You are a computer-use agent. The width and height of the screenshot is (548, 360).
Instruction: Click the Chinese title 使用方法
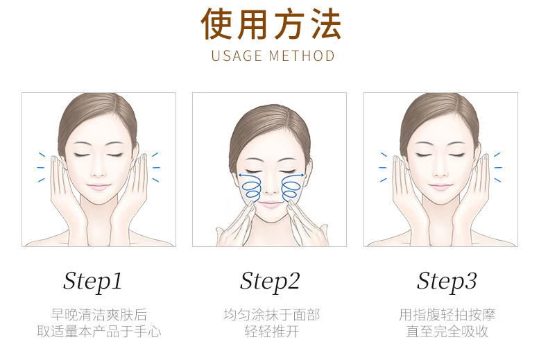tap(271, 24)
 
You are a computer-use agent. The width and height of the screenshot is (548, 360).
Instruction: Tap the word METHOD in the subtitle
tap(302, 56)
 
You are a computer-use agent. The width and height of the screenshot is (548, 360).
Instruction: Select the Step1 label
tap(93, 282)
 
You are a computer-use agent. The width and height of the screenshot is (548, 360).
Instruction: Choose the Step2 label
tap(270, 282)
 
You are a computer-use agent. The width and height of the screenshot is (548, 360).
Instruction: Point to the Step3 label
tap(447, 282)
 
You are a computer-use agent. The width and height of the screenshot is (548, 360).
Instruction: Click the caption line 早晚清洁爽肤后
tap(99, 314)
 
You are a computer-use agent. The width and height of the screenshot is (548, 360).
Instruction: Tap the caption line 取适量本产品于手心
tap(99, 332)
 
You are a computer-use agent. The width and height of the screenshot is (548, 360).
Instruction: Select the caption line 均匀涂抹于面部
tap(271, 314)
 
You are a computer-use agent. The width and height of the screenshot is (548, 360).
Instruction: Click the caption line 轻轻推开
tap(271, 332)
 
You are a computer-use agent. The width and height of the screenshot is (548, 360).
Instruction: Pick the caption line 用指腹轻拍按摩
tap(447, 314)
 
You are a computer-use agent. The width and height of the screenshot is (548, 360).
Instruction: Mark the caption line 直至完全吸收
tap(447, 332)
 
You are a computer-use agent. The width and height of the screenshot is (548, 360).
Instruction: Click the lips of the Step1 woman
tap(99, 187)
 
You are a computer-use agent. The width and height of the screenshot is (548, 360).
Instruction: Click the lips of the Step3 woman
tap(440, 187)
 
